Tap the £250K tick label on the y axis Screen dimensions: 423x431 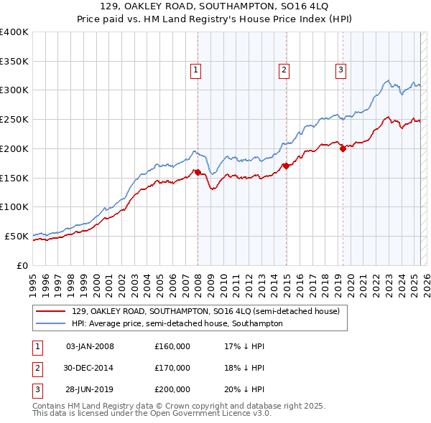[14, 119]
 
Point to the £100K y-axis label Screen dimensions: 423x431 [14, 206]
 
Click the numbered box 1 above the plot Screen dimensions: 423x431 [196, 70]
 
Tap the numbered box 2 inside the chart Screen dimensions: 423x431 [284, 70]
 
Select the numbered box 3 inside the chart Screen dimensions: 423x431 [340, 70]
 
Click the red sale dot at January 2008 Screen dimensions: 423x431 [198, 172]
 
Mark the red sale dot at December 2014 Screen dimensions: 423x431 [286, 166]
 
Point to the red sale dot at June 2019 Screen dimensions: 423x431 [343, 148]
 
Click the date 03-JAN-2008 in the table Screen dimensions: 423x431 [90, 347]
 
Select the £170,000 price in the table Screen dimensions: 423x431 [172, 368]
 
